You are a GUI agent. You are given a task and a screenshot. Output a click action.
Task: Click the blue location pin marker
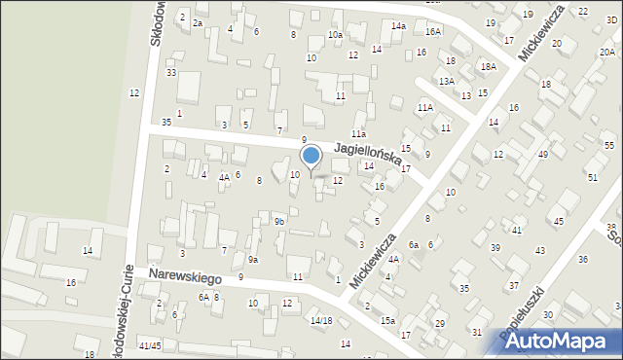tap(311, 157)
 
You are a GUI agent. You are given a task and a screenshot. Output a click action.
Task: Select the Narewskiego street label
tap(185, 277)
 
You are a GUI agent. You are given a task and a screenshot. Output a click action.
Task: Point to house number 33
tap(171, 73)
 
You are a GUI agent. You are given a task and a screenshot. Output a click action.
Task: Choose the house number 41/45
tap(149, 345)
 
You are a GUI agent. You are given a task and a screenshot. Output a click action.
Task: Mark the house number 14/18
tap(321, 320)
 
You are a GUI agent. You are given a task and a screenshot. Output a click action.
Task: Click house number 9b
tap(279, 222)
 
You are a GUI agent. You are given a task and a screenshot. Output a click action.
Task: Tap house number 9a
tap(252, 260)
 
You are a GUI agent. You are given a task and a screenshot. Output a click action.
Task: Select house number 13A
tap(446, 81)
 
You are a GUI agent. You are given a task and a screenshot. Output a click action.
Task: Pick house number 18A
tap(488, 66)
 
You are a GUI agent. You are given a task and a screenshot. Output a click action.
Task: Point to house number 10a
tap(335, 35)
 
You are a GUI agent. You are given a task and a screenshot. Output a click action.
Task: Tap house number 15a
tap(387, 320)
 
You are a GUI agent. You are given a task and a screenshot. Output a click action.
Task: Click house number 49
tap(543, 154)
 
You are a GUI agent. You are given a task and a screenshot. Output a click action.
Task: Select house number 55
tap(608, 145)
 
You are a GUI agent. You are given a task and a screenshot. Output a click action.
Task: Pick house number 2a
tap(198, 22)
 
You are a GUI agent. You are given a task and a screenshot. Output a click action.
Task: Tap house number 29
tap(439, 323)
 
